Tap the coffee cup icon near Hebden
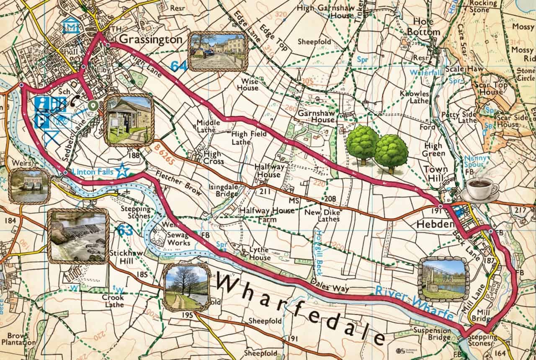(x=481, y=189)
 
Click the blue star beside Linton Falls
(x=121, y=171)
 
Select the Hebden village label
(x=435, y=224)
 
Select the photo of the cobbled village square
(x=217, y=51)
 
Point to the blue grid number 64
(x=178, y=66)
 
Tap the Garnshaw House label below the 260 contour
(x=316, y=116)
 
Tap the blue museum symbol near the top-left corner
(x=71, y=27)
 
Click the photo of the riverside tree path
(x=186, y=287)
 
